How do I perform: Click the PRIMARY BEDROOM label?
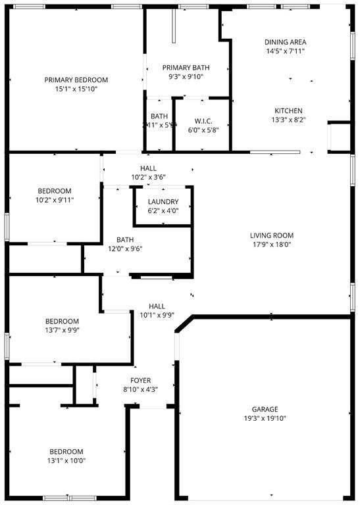click(76, 80)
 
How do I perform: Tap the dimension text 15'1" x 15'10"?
click(76, 89)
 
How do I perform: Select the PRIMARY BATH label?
click(186, 68)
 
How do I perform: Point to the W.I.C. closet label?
click(202, 121)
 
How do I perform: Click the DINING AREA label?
click(285, 42)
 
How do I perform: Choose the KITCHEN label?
click(288, 110)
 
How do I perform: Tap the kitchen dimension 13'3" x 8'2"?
click(288, 120)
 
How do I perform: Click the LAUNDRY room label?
click(163, 202)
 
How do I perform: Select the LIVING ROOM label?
click(271, 235)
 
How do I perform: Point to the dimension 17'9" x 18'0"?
click(271, 245)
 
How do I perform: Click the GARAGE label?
click(265, 408)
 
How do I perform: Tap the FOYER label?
click(140, 381)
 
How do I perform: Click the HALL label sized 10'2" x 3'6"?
click(148, 168)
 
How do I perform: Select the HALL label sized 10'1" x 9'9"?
click(157, 306)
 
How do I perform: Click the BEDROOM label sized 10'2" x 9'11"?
click(54, 191)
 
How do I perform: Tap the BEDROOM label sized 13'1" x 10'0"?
click(66, 451)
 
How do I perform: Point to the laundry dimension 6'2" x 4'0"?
click(163, 211)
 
